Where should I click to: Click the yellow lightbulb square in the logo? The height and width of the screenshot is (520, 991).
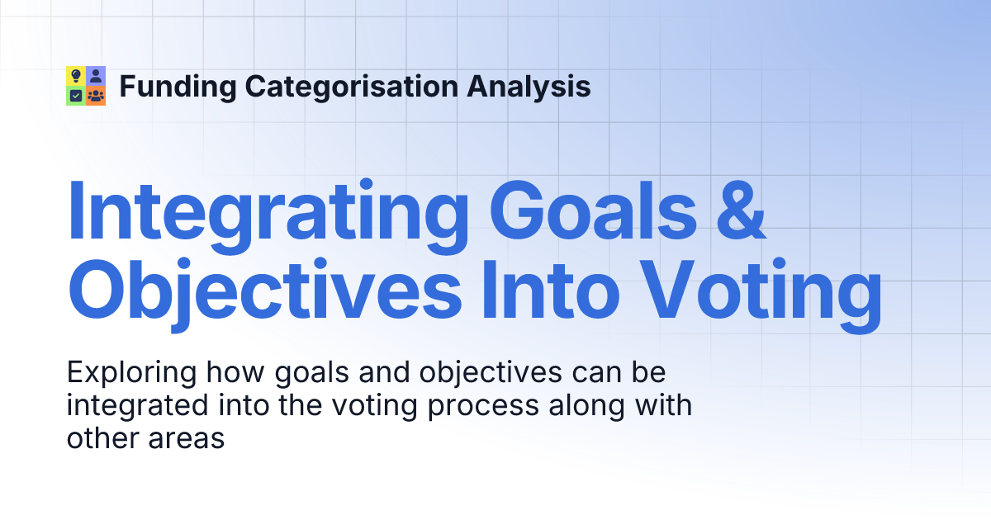pos(76,76)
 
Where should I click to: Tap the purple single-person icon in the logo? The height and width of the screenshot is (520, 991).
pos(96,76)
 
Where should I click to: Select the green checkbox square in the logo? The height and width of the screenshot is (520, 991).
pos(76,96)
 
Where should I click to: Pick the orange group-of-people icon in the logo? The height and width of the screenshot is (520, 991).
pos(96,96)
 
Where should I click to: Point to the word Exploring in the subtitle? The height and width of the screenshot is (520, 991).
pos(131,374)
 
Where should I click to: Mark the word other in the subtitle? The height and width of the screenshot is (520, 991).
pos(103,438)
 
